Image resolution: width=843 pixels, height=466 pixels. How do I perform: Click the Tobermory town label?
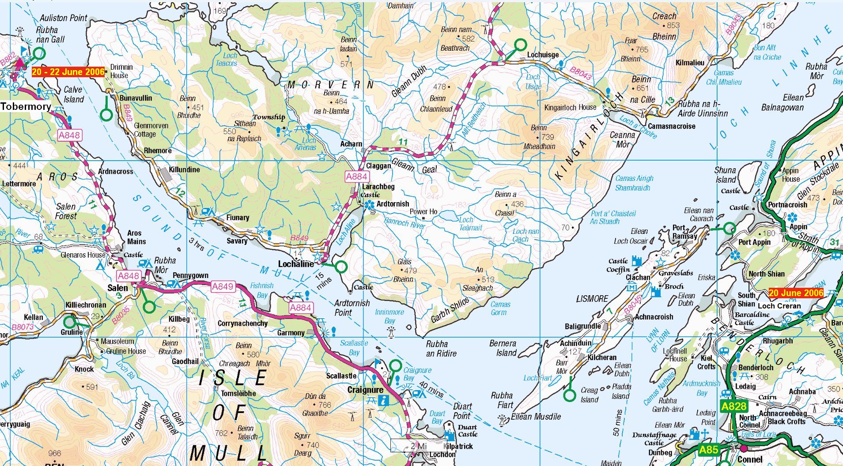(26, 106)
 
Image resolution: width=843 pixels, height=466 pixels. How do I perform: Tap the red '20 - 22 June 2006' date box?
(68, 72)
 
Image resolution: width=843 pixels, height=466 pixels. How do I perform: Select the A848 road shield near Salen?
(128, 276)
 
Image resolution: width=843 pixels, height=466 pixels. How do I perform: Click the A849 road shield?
(222, 286)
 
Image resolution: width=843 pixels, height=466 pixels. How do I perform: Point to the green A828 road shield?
(734, 406)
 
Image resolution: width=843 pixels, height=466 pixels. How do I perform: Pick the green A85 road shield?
(708, 450)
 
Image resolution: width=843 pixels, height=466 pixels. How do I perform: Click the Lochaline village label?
(296, 264)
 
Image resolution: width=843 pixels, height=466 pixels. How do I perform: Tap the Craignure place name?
(365, 390)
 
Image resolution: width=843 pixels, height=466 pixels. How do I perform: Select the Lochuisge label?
(543, 55)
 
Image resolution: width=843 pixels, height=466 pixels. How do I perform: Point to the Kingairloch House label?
(570, 107)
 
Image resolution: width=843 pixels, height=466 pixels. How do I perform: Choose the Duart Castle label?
(467, 431)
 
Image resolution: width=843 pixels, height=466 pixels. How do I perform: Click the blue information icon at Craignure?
(384, 401)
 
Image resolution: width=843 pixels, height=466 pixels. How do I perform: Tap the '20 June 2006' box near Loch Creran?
(796, 293)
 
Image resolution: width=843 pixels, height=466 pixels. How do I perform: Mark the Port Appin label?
(754, 242)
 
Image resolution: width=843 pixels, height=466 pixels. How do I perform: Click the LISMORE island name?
(592, 299)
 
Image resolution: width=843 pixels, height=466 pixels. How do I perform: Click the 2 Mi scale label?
(418, 446)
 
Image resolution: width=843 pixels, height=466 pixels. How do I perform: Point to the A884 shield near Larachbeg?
(356, 177)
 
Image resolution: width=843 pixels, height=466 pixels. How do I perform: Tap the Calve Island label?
(73, 94)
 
